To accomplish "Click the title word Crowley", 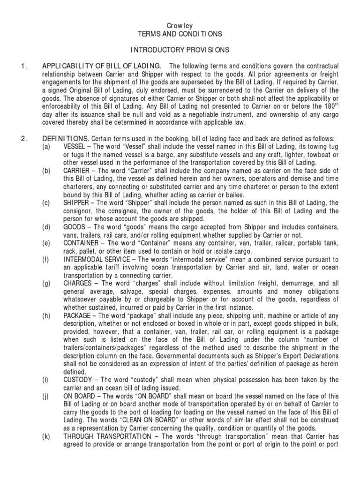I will click(180, 25).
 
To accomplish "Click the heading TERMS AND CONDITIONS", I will click(180, 34).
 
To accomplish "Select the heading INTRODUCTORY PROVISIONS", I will click(180, 49).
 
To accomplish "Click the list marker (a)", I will click(45, 147).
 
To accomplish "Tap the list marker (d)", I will click(45, 227).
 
